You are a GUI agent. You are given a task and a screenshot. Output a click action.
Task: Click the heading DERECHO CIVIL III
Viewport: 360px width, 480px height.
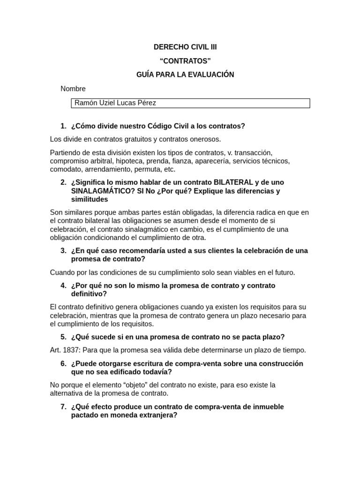click(185, 47)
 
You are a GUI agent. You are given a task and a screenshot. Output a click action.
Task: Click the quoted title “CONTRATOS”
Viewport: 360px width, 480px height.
click(185, 61)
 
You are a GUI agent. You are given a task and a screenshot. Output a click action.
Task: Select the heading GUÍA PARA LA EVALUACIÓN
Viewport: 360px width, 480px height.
click(185, 75)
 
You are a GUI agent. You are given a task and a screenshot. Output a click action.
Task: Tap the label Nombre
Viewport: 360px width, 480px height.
click(73, 89)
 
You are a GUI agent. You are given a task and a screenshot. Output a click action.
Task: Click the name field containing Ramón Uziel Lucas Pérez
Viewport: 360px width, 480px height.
click(190, 103)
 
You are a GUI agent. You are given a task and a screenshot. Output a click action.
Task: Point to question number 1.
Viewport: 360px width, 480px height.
click(63, 126)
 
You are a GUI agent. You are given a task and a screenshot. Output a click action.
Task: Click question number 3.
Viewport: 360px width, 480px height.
click(63, 251)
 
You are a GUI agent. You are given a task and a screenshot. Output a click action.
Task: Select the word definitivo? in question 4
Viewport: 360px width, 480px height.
click(89, 294)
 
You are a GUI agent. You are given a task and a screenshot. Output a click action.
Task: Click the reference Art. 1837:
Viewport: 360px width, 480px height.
click(65, 350)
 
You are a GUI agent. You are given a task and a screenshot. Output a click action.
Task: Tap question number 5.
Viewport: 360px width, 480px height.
click(63, 337)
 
